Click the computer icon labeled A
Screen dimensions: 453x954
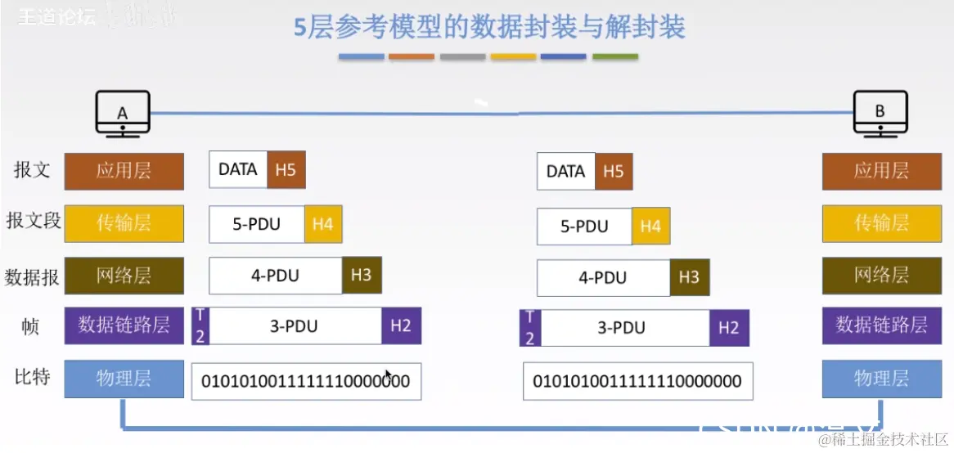tap(123, 113)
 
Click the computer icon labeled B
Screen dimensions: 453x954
tap(880, 113)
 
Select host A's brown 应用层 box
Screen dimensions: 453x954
tap(124, 171)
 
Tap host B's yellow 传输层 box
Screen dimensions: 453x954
tap(881, 223)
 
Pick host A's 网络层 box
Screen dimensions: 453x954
tap(124, 276)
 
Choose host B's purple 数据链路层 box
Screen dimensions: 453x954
tap(881, 325)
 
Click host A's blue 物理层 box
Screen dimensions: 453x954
tap(124, 378)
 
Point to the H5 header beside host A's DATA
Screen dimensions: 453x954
tap(286, 170)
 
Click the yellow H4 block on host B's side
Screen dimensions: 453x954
tap(650, 226)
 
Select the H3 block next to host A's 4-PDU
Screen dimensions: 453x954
tap(362, 276)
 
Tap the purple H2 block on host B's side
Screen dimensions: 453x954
tap(728, 328)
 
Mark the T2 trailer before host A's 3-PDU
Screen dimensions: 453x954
tap(201, 326)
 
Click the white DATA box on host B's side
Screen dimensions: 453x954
tap(565, 172)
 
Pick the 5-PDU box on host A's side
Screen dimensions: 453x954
tap(257, 224)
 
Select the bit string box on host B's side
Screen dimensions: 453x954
tap(637, 382)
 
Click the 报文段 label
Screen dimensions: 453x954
tap(33, 221)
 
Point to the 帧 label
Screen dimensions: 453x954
tap(30, 326)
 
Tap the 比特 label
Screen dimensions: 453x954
tap(33, 378)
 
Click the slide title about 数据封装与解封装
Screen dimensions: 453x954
tap(489, 28)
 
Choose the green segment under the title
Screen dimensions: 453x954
tap(615, 57)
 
